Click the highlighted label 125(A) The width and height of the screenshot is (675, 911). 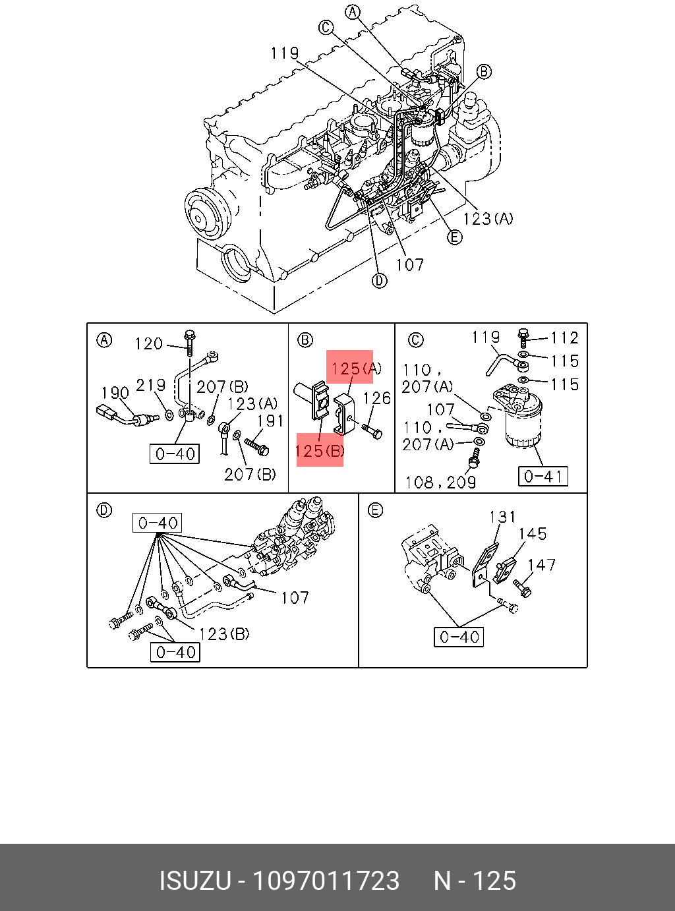point(356,368)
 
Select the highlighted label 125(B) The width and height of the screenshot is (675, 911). point(320,451)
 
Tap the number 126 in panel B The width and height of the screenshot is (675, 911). point(377,398)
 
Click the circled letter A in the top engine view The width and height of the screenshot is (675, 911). point(353,13)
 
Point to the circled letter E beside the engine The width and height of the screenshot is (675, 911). point(454,237)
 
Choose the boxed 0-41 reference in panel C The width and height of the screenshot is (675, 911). point(543,477)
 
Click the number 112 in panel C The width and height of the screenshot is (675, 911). point(564,338)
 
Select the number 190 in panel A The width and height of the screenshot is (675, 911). point(115,393)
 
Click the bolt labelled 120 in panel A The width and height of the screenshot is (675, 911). point(190,343)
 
